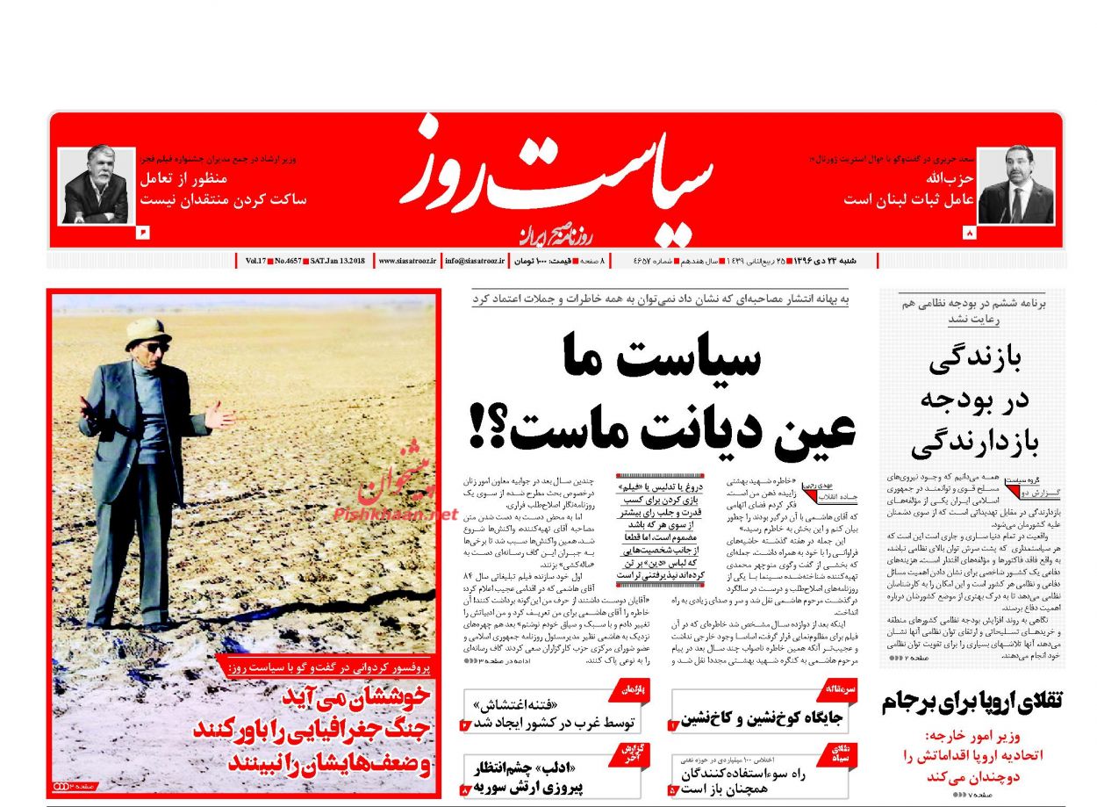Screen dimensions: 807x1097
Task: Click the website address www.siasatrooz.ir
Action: (x=407, y=261)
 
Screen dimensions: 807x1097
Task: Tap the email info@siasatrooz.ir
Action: (x=476, y=261)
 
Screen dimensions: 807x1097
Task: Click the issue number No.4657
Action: (x=285, y=261)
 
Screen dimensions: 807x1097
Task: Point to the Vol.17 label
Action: (x=255, y=261)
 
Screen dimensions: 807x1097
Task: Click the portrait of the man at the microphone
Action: (x=1015, y=186)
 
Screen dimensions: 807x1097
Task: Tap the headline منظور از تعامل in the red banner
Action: (x=188, y=177)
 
